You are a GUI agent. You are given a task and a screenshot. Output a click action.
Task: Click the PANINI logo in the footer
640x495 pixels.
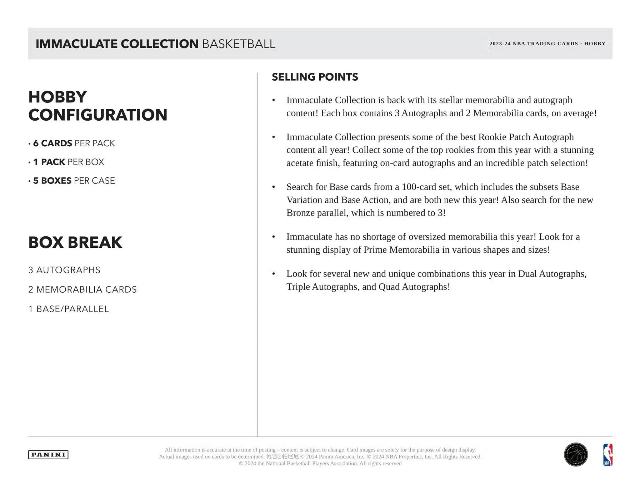[48, 455]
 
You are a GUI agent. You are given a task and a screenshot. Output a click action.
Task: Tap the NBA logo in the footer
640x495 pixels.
[607, 455]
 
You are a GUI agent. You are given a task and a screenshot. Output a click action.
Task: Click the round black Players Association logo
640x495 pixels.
[576, 455]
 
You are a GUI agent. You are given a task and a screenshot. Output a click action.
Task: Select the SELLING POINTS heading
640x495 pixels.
[315, 77]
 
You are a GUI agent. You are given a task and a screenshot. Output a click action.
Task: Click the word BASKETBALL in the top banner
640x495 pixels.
[239, 44]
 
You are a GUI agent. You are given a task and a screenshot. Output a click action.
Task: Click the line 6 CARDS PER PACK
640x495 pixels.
[74, 143]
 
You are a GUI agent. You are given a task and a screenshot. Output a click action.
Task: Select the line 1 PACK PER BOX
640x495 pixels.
[69, 162]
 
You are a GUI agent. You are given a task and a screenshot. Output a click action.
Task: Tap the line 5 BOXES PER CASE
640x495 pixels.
[74, 181]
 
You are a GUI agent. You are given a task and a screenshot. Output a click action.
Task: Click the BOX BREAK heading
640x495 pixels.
[75, 243]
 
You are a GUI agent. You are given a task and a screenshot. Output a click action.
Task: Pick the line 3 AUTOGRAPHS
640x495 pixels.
[64, 270]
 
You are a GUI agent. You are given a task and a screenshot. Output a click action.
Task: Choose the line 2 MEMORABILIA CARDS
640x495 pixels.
[82, 289]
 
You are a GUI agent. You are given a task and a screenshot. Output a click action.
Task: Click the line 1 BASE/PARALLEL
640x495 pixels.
[69, 309]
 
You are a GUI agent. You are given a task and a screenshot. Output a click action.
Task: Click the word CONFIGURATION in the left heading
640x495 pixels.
[98, 115]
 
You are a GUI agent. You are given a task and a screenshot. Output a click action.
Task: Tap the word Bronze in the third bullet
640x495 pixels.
[299, 213]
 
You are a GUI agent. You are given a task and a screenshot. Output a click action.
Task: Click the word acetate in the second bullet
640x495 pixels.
[300, 163]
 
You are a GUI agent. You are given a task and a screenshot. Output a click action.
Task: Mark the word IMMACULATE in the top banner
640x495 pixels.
[76, 44]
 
